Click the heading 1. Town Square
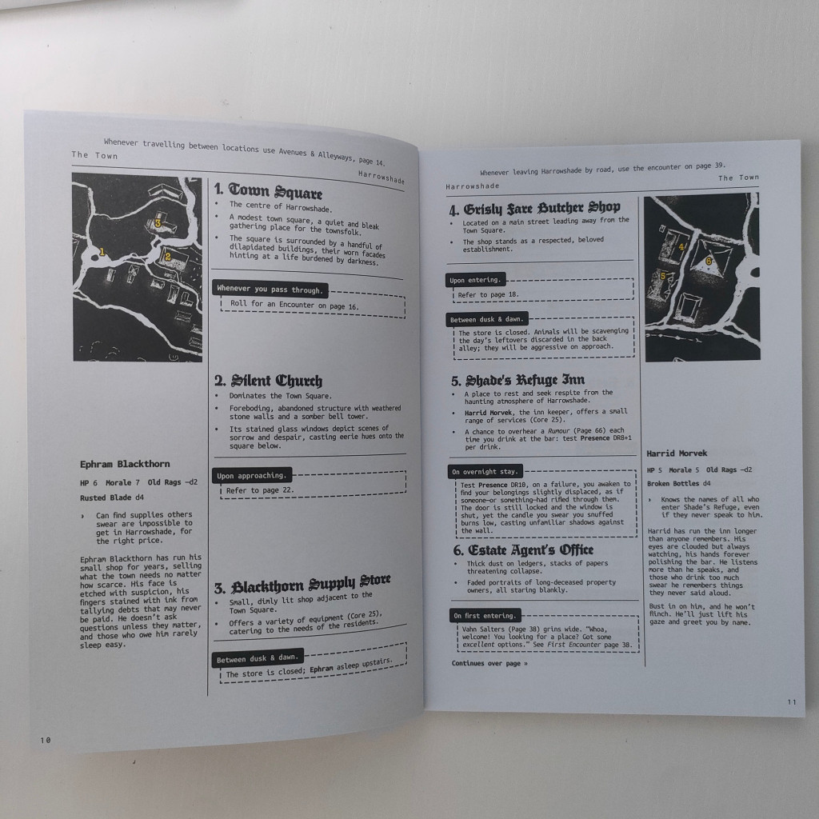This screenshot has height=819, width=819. pyautogui.click(x=268, y=191)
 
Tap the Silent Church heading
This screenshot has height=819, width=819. pyautogui.click(x=269, y=381)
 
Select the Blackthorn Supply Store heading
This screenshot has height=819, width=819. pyautogui.click(x=302, y=585)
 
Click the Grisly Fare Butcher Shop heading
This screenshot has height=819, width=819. pyautogui.click(x=534, y=209)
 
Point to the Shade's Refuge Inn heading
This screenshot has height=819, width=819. pyautogui.click(x=517, y=380)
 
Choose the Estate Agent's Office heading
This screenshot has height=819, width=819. pyautogui.click(x=523, y=550)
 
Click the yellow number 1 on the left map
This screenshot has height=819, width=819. pyautogui.click(x=102, y=252)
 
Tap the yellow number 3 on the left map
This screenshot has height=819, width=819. pyautogui.click(x=158, y=224)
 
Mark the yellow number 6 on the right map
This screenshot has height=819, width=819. pyautogui.click(x=709, y=262)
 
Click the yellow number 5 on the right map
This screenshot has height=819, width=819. pyautogui.click(x=663, y=276)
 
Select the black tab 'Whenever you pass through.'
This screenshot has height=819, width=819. pyautogui.click(x=270, y=289)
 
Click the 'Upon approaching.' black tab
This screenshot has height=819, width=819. pyautogui.click(x=252, y=475)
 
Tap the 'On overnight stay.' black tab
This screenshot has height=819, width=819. pyautogui.click(x=485, y=472)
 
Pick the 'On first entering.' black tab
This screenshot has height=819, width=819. pyautogui.click(x=485, y=615)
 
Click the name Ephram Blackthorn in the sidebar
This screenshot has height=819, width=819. pyautogui.click(x=125, y=464)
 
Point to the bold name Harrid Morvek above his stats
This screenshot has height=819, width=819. pyautogui.click(x=677, y=453)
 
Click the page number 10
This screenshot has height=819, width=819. pyautogui.click(x=46, y=740)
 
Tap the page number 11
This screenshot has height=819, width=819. pyautogui.click(x=792, y=702)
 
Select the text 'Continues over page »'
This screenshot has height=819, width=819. pyautogui.click(x=489, y=663)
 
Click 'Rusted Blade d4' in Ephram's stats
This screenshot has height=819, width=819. pyautogui.click(x=112, y=497)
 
